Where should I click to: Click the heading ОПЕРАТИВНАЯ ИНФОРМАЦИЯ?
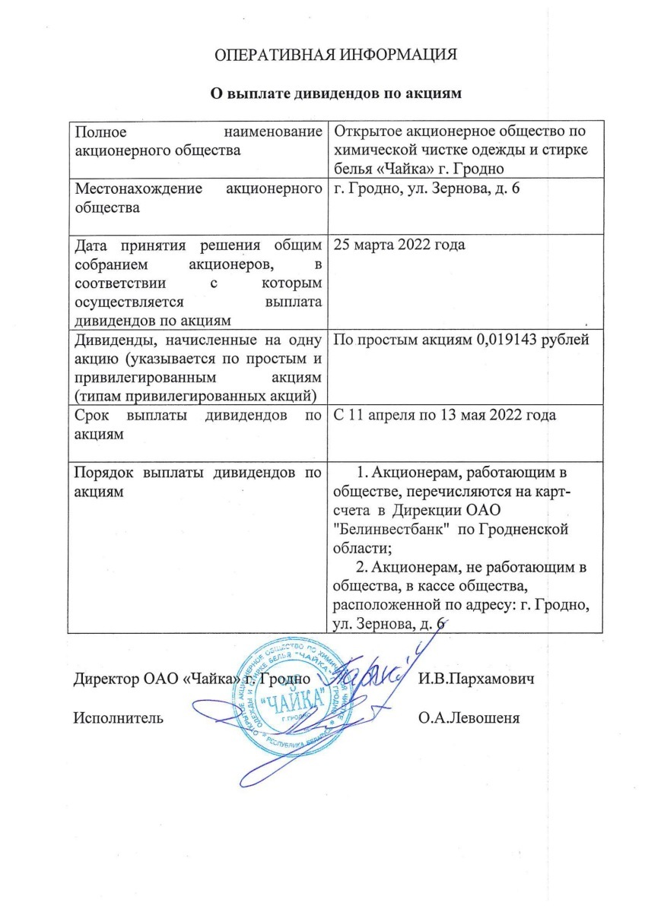(x=335, y=55)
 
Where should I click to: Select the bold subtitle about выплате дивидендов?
(x=336, y=93)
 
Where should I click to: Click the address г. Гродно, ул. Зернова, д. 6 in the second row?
(x=427, y=187)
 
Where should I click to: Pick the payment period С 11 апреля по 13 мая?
(x=445, y=416)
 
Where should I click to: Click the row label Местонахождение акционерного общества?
(x=195, y=196)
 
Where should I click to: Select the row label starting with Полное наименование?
(x=195, y=141)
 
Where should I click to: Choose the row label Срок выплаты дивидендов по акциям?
(x=195, y=425)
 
